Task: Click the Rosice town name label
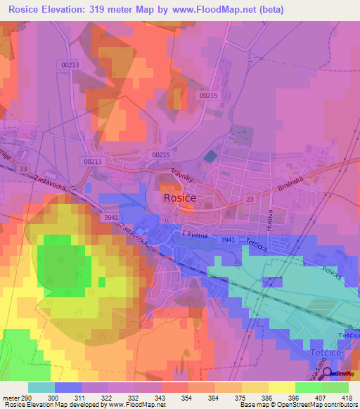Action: click(x=179, y=198)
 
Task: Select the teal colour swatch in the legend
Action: click(x=41, y=387)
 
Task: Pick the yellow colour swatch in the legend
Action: click(x=281, y=387)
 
